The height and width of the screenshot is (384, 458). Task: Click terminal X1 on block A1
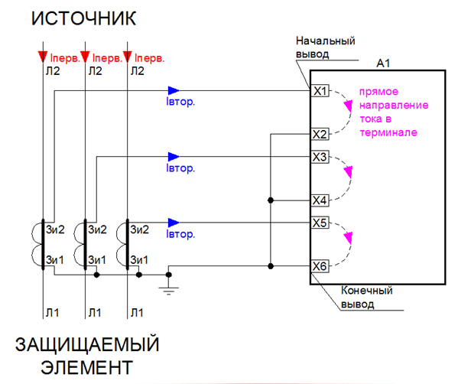pyautogui.click(x=320, y=91)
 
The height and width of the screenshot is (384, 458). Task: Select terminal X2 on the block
pyautogui.click(x=320, y=135)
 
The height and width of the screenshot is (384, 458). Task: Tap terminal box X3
pyautogui.click(x=320, y=157)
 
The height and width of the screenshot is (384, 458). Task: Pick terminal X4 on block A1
pyautogui.click(x=320, y=200)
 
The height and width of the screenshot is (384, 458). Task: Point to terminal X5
pyautogui.click(x=320, y=223)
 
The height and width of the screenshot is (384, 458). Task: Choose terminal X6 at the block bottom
pyautogui.click(x=320, y=266)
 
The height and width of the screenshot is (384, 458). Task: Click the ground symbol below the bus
pyautogui.click(x=168, y=291)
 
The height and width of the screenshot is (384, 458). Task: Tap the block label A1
pyautogui.click(x=383, y=63)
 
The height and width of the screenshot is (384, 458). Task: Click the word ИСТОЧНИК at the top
pyautogui.click(x=83, y=18)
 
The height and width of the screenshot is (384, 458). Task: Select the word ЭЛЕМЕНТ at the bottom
pyautogui.click(x=86, y=367)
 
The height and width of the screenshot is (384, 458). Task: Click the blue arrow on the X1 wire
pyautogui.click(x=174, y=90)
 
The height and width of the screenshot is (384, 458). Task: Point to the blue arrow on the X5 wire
pyautogui.click(x=174, y=223)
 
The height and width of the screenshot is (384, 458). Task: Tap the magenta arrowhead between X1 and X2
pyautogui.click(x=348, y=106)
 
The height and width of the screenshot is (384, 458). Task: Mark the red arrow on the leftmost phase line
pyautogui.click(x=43, y=57)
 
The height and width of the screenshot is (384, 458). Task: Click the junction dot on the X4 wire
pyautogui.click(x=271, y=200)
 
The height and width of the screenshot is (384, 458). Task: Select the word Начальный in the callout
pyautogui.click(x=326, y=41)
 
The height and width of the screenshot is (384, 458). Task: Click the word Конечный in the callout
pyautogui.click(x=366, y=291)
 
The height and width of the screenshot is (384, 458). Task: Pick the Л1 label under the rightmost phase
pyautogui.click(x=137, y=313)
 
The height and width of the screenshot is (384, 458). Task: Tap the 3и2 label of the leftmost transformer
pyautogui.click(x=55, y=229)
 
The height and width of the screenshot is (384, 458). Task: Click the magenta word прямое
pyautogui.click(x=378, y=92)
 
